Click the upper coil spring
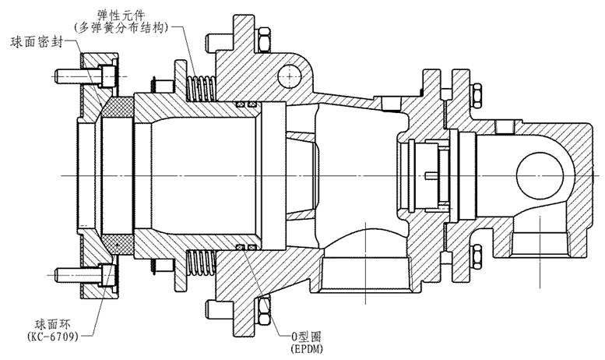202,86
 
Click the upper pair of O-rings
247,104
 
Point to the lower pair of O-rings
247,249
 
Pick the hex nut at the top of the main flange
262,37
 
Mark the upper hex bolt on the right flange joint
474,96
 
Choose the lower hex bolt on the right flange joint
474,254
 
